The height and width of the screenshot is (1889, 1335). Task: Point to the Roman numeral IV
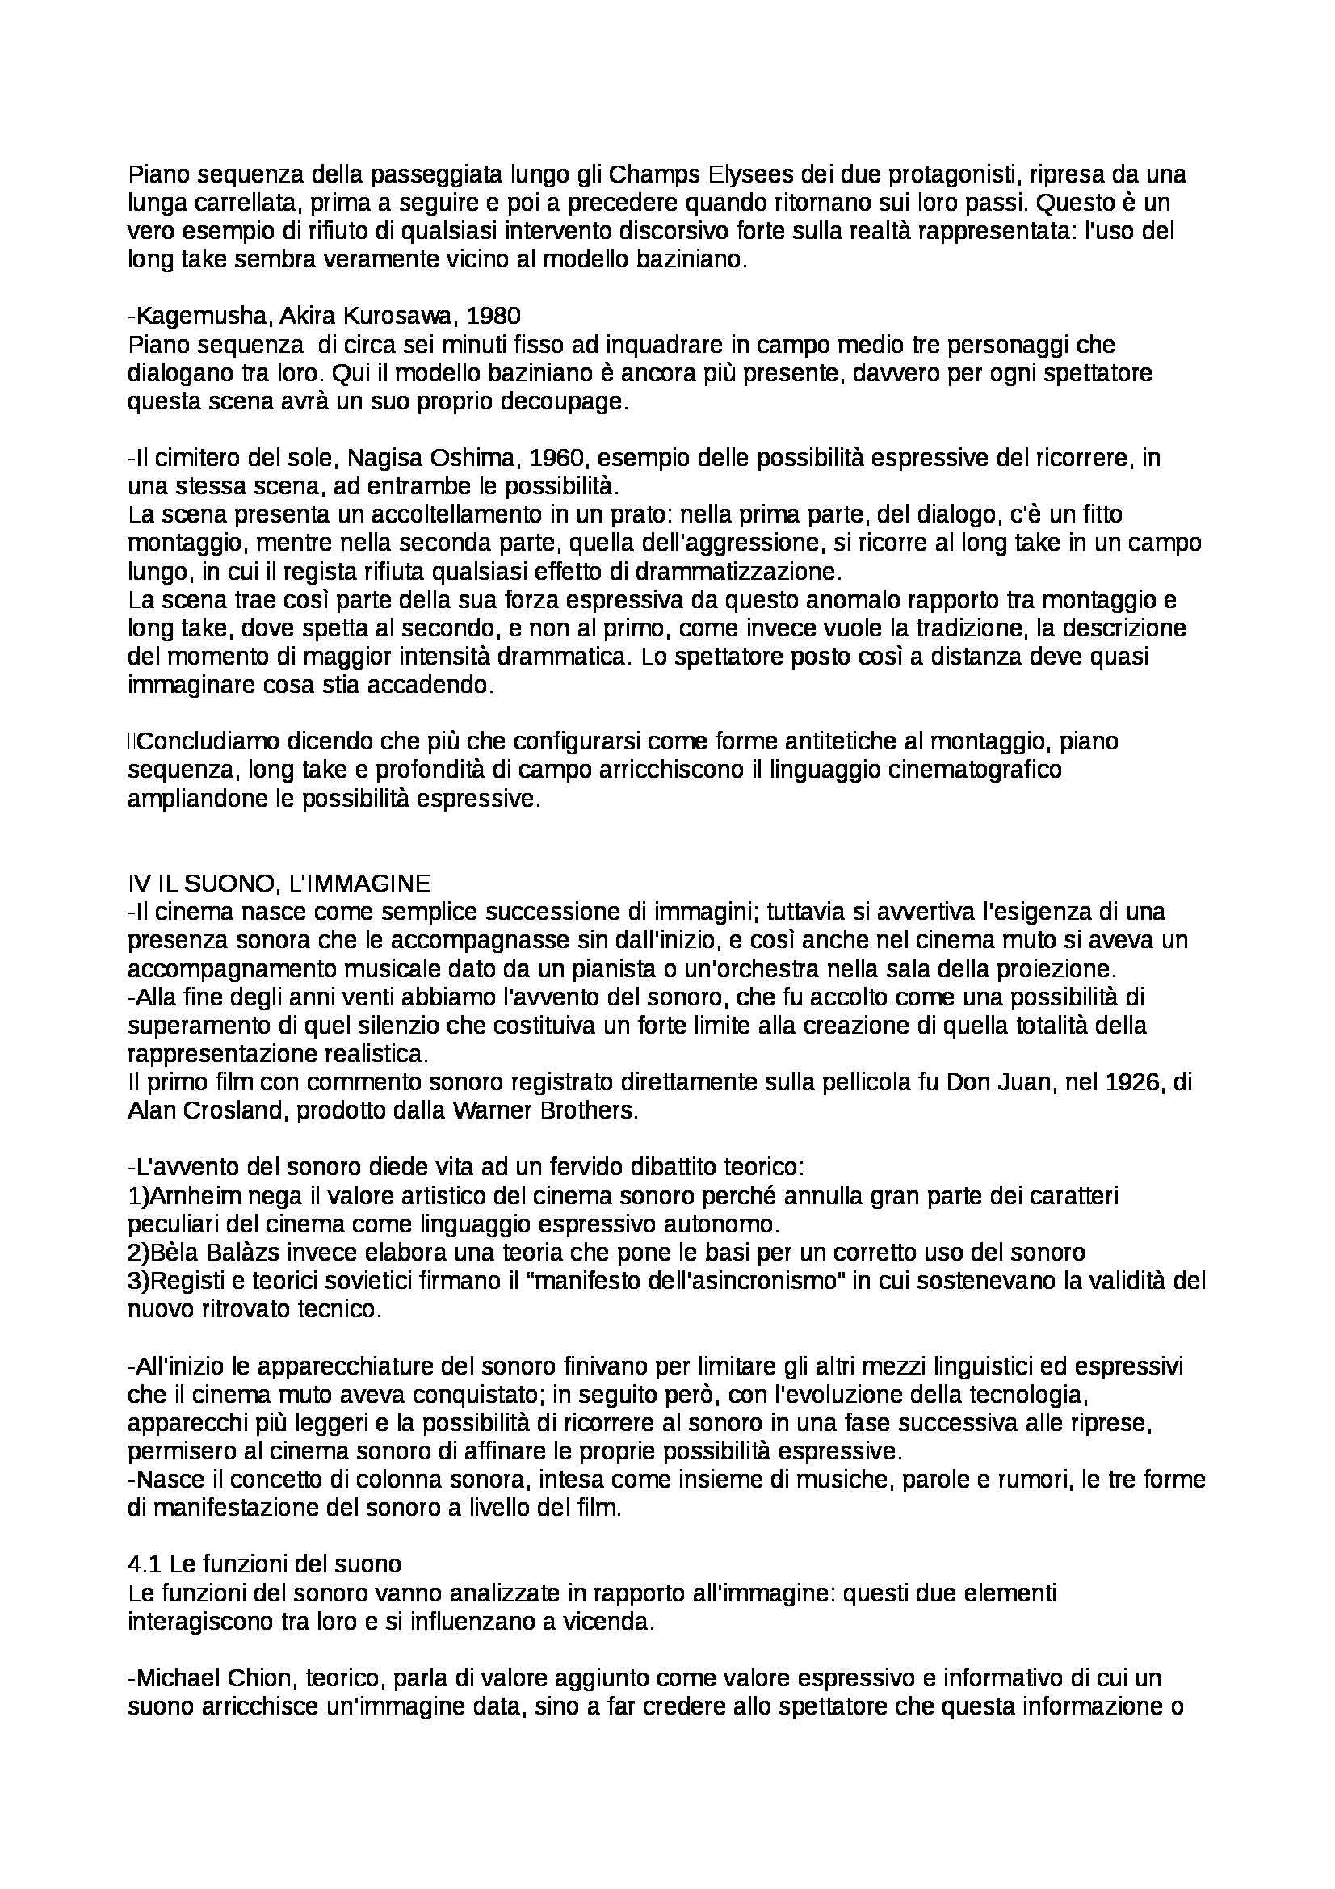[136, 884]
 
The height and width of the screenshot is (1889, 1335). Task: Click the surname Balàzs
[248, 1253]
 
